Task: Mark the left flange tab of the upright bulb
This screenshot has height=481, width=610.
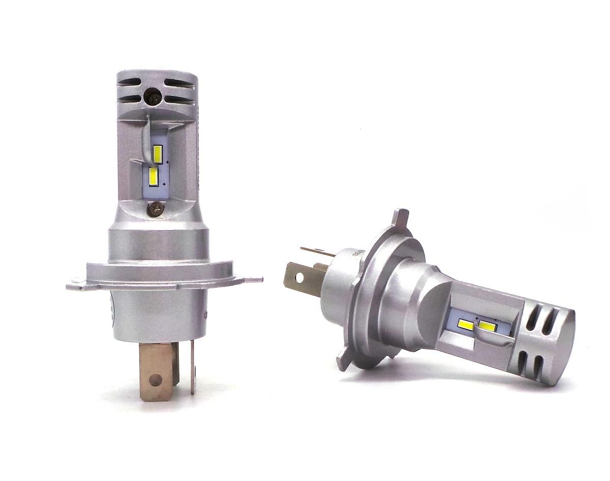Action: click(x=75, y=284)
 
